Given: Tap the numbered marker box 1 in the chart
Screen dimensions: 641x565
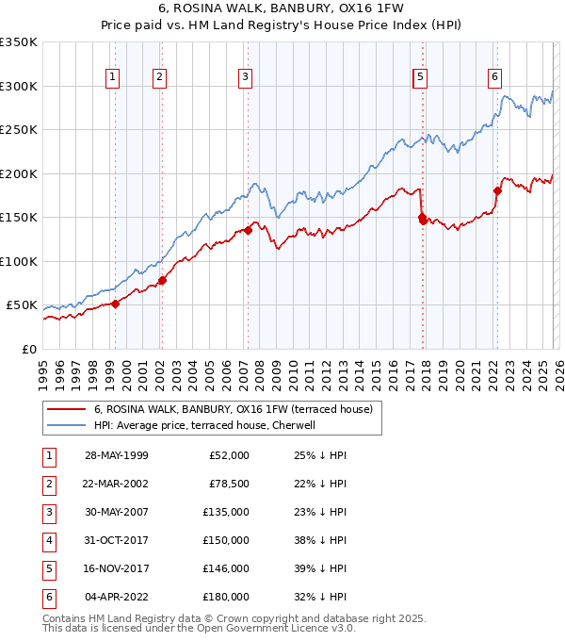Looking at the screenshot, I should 113,77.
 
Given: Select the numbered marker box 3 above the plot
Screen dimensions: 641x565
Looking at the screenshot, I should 245,77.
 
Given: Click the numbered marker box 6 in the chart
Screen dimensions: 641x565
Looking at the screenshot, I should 494,77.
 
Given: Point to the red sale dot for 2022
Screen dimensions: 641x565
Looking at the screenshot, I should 497,190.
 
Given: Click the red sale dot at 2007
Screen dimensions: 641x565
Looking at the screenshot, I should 248,229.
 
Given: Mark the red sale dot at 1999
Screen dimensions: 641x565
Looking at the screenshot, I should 116,304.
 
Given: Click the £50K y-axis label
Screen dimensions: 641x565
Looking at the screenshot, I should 22,305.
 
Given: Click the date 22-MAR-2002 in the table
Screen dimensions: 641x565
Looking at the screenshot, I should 116,484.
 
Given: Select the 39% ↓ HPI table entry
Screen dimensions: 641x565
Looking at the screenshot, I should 320,568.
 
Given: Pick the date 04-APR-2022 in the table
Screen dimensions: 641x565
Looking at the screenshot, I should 116,597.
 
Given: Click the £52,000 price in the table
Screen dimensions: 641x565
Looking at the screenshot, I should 227,455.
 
